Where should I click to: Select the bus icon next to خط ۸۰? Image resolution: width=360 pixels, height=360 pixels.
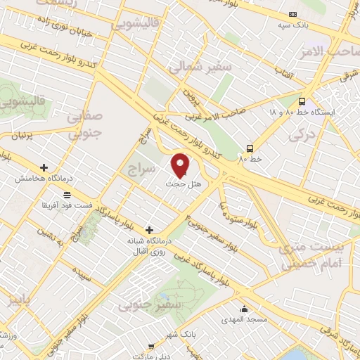click(250, 148)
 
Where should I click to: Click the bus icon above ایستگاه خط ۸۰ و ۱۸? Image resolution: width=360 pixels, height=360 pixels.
click(302, 101)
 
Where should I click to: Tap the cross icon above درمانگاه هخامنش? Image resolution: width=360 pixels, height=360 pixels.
click(44, 168)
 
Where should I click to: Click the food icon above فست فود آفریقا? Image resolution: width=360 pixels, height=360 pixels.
click(66, 195)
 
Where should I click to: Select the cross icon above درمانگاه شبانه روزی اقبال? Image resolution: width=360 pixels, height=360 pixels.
click(148, 229)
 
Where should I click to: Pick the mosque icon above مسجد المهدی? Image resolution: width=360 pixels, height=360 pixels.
click(244, 308)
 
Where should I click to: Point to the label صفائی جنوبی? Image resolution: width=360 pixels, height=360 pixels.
click(86, 124)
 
